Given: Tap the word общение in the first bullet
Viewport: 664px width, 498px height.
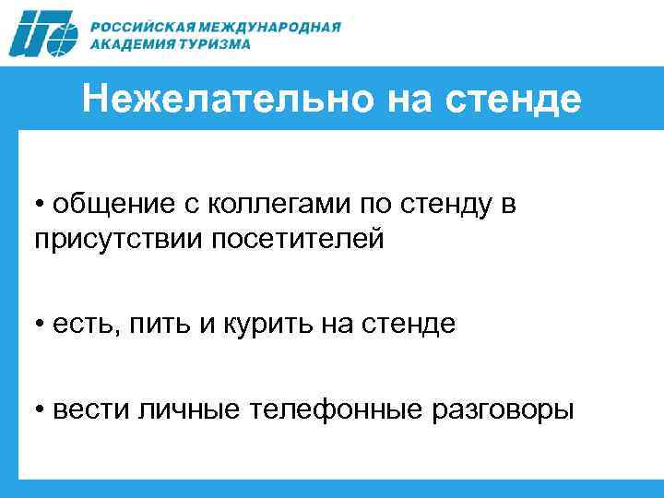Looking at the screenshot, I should click(x=104, y=204).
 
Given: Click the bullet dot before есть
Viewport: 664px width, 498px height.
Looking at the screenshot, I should click(x=41, y=325).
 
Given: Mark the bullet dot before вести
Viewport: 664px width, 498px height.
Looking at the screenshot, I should click(x=41, y=409).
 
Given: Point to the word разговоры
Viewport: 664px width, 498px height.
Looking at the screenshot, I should click(x=505, y=409).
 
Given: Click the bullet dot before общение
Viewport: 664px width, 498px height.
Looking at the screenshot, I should click(x=41, y=205).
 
